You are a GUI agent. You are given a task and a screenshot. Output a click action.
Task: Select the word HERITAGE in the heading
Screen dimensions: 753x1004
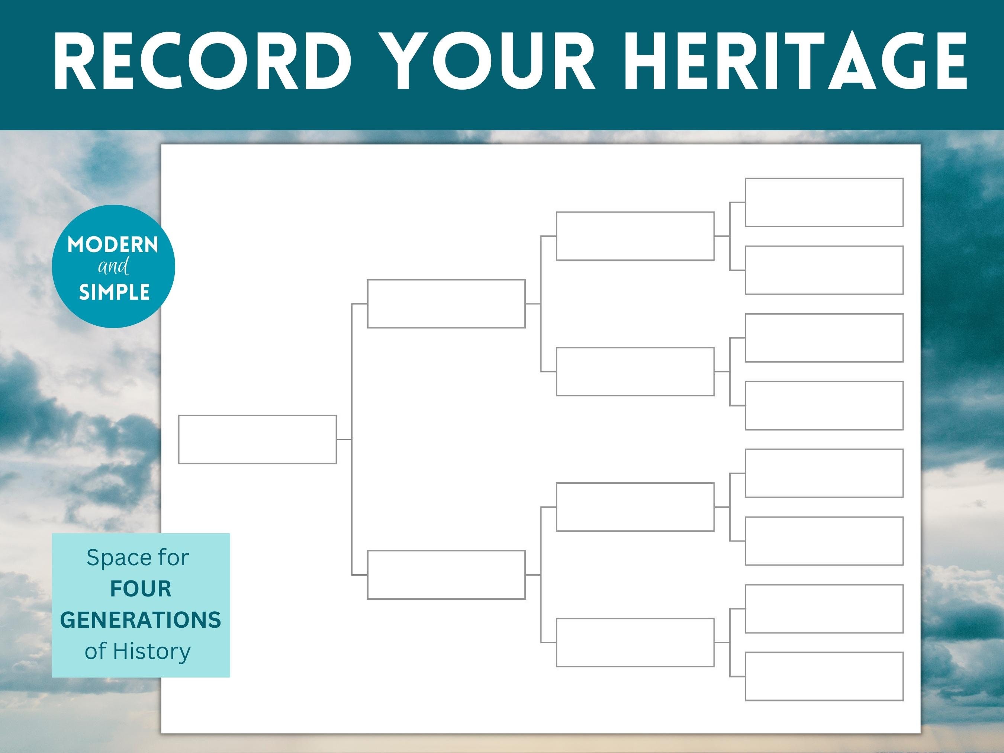798,61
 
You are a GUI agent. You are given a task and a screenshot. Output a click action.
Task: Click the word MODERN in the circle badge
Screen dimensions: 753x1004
113,245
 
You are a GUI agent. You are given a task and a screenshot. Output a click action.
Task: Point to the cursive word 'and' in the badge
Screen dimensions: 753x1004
113,267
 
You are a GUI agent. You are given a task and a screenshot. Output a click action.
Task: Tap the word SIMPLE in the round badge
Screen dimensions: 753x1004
115,292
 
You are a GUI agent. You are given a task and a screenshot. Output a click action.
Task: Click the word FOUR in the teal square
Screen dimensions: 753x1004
141,589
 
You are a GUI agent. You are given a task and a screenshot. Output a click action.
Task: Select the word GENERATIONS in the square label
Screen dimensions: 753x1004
141,620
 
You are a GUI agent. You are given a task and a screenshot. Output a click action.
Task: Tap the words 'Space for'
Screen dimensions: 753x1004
138,557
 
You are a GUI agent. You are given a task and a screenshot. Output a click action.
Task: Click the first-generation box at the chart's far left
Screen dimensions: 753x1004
257,440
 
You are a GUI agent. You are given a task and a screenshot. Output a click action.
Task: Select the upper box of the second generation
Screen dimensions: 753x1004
446,304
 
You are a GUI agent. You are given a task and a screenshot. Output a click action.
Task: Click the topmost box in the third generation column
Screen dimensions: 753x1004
635,236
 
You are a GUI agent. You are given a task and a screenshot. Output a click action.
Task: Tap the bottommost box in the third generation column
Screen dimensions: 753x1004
635,642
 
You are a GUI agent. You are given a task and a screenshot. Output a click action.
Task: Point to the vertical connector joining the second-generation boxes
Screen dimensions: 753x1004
352,440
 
